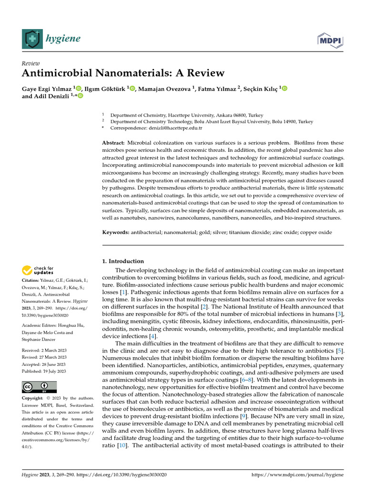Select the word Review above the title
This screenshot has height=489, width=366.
tap(31, 63)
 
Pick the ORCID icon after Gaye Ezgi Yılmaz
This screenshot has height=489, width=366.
tap(79, 88)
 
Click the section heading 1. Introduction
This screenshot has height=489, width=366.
tap(123, 261)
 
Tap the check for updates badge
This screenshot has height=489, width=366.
tap(39, 271)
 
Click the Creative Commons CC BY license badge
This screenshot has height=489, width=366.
tap(39, 387)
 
